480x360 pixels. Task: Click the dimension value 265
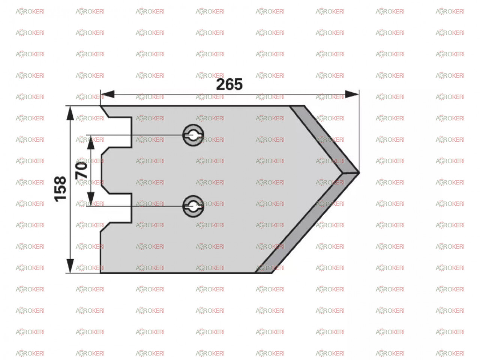[229, 84]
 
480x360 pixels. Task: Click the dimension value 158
[60, 189]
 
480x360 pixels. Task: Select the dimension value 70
[81, 170]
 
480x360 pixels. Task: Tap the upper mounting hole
[193, 135]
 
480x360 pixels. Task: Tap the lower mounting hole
[193, 206]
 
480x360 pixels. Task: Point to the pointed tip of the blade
[359, 172]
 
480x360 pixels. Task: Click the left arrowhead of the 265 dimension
[107, 94]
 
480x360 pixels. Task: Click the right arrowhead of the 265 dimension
[352, 94]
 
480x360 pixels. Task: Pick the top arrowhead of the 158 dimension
[70, 113]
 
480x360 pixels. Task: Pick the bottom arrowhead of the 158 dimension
[70, 266]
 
